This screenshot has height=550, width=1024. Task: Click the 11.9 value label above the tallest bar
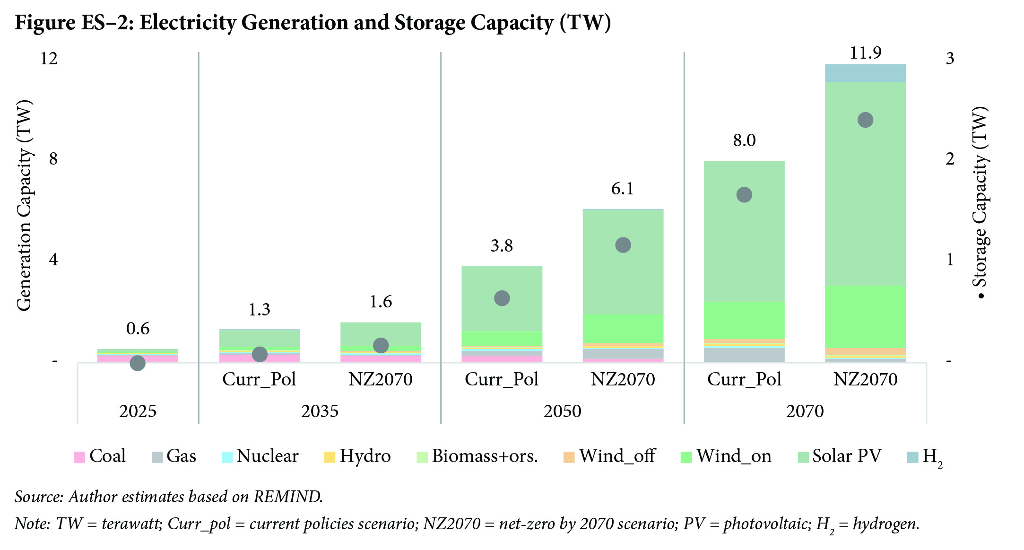coord(865,52)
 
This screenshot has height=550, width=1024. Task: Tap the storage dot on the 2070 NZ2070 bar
coord(865,120)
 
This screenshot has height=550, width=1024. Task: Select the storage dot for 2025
coord(138,363)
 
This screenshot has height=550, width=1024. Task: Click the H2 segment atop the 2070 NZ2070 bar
coord(865,73)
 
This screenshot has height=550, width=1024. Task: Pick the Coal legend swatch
coord(79,457)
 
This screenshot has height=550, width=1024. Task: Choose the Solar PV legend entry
coord(840,456)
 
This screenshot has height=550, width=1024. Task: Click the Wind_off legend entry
coord(609,456)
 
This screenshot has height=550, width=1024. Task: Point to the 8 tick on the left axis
coord(53,159)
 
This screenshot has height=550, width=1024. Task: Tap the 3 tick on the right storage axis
coord(950,59)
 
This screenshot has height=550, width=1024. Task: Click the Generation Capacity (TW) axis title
coord(24,205)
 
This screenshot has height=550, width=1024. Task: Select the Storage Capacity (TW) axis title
coord(980,203)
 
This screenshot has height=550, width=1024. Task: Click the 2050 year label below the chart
coord(562,411)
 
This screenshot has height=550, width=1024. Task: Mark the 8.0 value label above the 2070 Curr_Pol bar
coord(744,140)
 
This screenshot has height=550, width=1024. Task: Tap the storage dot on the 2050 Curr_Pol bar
coord(502,298)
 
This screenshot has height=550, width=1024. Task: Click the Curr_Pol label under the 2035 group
coord(259,379)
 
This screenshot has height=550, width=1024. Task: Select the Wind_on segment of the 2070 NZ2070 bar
coord(865,317)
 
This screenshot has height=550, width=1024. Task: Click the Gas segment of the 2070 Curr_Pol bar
coord(744,355)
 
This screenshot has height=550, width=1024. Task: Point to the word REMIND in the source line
coord(288,497)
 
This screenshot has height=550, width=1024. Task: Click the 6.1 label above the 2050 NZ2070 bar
coord(623,189)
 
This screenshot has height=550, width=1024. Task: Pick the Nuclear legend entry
coord(260,456)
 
